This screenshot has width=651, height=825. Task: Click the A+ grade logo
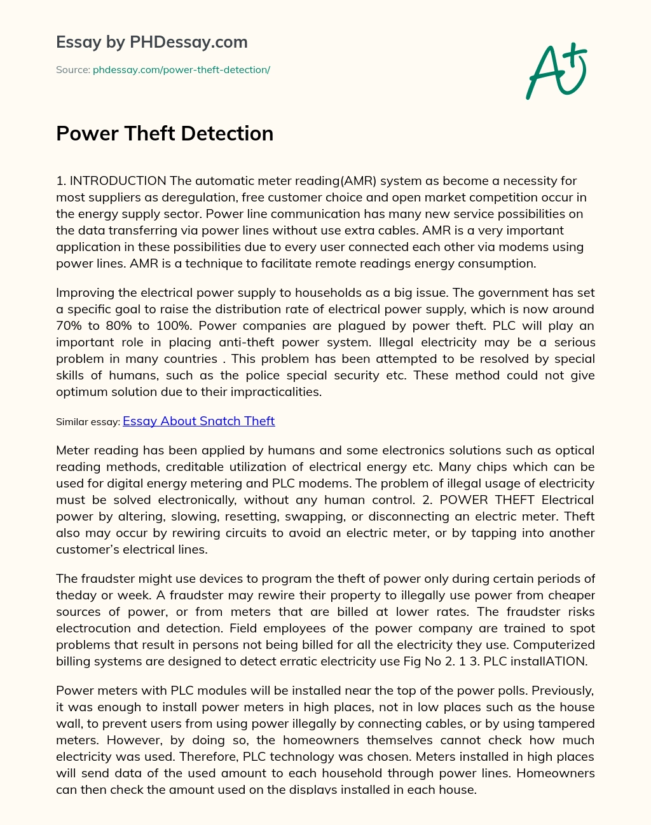point(557,71)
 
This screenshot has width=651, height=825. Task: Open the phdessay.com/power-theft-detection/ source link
point(181,70)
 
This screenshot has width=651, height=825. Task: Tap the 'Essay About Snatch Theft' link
point(198,421)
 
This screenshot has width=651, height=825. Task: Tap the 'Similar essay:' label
point(88,422)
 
